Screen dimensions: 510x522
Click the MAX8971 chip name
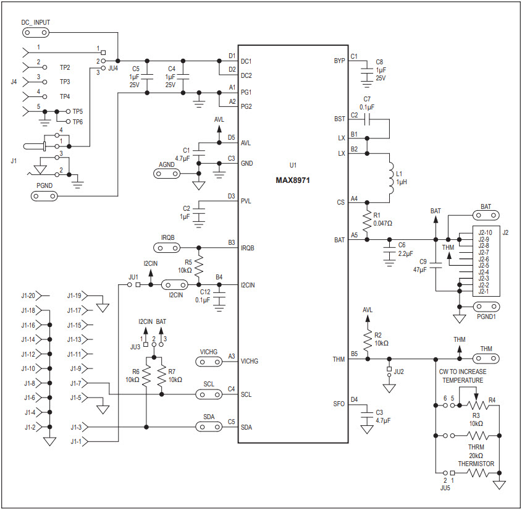click(293, 180)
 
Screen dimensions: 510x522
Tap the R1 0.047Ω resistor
click(367, 220)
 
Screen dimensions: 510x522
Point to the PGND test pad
click(45, 197)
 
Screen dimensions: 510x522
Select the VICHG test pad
click(209, 361)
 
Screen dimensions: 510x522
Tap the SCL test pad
click(209, 394)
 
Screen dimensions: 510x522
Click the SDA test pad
click(209, 427)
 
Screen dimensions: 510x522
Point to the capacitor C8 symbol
click(367, 70)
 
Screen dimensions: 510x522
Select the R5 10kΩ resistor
click(199, 265)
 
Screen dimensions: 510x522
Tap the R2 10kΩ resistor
click(367, 341)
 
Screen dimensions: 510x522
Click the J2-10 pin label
click(485, 233)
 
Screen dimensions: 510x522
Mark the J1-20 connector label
click(28, 295)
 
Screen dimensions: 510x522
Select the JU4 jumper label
click(112, 69)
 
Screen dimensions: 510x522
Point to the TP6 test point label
click(78, 122)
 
